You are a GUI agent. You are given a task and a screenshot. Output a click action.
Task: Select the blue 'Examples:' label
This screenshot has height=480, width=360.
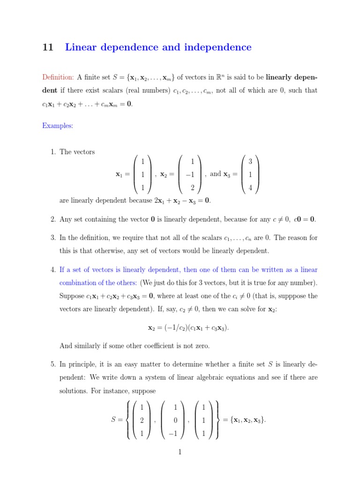[57, 126]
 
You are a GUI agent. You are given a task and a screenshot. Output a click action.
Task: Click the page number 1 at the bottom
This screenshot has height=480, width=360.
[180, 452]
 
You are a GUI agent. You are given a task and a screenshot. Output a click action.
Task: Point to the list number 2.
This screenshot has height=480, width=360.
[52, 219]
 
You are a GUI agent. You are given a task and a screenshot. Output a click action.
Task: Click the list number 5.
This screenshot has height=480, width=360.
[52, 364]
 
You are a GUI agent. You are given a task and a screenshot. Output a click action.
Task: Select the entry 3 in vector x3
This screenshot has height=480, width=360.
[250, 162]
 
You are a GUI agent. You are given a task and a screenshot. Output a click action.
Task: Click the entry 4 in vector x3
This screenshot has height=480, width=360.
[250, 188]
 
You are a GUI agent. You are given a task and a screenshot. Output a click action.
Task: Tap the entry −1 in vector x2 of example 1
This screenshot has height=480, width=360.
[190, 175]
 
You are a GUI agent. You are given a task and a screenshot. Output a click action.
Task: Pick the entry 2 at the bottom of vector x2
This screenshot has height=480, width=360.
[192, 188]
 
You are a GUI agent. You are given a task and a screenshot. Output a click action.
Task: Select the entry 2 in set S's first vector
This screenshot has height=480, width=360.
[142, 420]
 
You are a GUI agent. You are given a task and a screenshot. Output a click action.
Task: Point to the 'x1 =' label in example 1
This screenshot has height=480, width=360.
[122, 175]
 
